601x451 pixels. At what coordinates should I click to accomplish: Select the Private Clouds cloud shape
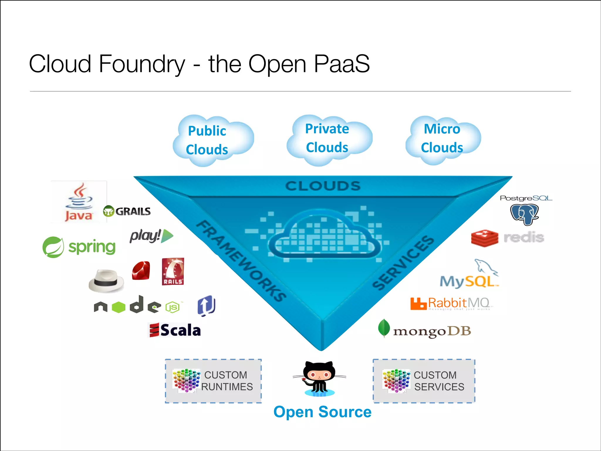[x=329, y=139]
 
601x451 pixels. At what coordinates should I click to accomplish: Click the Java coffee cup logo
[x=79, y=202]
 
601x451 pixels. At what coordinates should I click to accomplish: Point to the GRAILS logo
[x=127, y=211]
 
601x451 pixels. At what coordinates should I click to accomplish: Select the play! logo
[x=151, y=236]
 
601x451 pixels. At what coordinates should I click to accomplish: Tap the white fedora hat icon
[x=106, y=281]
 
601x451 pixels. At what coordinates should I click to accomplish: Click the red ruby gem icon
[x=141, y=270]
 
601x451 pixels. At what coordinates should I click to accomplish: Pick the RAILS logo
[x=173, y=272]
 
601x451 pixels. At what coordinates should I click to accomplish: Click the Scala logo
[x=175, y=330]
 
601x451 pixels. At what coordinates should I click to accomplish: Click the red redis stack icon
[x=484, y=238]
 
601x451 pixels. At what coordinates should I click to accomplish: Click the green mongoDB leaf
[x=384, y=328]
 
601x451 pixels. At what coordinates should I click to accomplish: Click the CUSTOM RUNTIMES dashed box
[x=213, y=381]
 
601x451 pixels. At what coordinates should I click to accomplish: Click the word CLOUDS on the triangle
[x=323, y=186]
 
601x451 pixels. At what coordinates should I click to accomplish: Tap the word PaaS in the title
[x=342, y=64]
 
